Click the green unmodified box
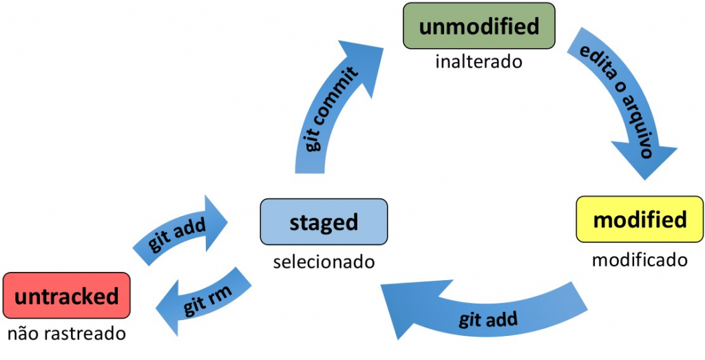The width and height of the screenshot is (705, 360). tap(478, 26)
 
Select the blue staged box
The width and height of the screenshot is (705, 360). tap(324, 222)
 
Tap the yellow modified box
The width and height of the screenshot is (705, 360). tap(640, 220)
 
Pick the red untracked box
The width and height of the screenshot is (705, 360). tap(66, 296)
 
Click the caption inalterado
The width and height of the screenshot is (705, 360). tap(478, 62)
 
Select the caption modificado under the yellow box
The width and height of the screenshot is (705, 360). tap(640, 260)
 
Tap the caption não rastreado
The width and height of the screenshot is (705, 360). tap(66, 335)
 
